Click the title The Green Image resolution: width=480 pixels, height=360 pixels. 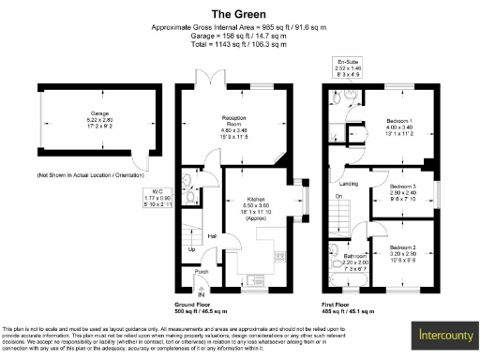tap(240, 14)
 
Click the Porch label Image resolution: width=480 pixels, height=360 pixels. tap(202, 274)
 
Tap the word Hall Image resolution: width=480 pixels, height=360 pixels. tap(212, 236)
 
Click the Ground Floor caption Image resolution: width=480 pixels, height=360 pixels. tap(199, 307)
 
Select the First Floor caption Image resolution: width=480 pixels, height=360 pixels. tap(342, 307)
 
